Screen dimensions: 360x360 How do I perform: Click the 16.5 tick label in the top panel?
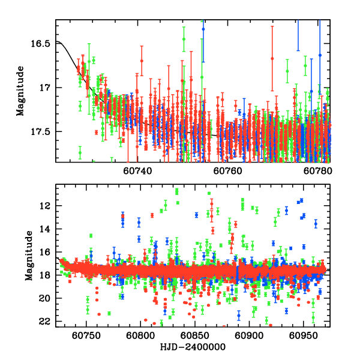tap(41, 44)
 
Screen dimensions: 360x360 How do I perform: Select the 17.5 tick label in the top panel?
tap(41, 131)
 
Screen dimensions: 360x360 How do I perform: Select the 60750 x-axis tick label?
tap(86, 336)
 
